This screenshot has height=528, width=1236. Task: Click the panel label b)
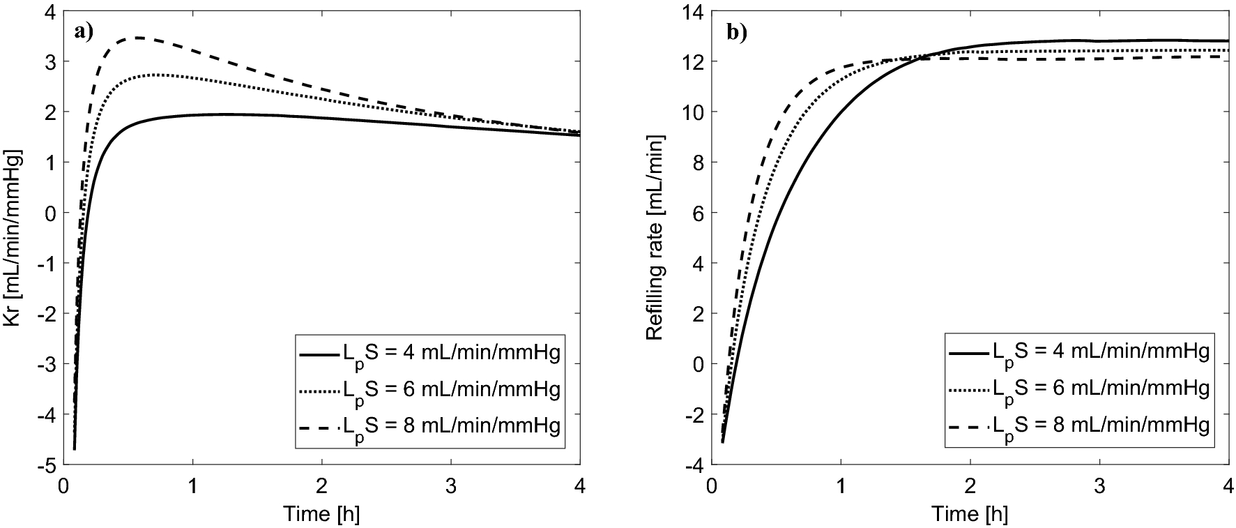click(x=736, y=33)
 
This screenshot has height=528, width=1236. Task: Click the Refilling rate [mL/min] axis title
click(x=655, y=238)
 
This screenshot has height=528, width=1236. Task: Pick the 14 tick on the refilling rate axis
click(x=694, y=12)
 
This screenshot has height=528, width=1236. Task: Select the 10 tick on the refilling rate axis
click(x=694, y=112)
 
